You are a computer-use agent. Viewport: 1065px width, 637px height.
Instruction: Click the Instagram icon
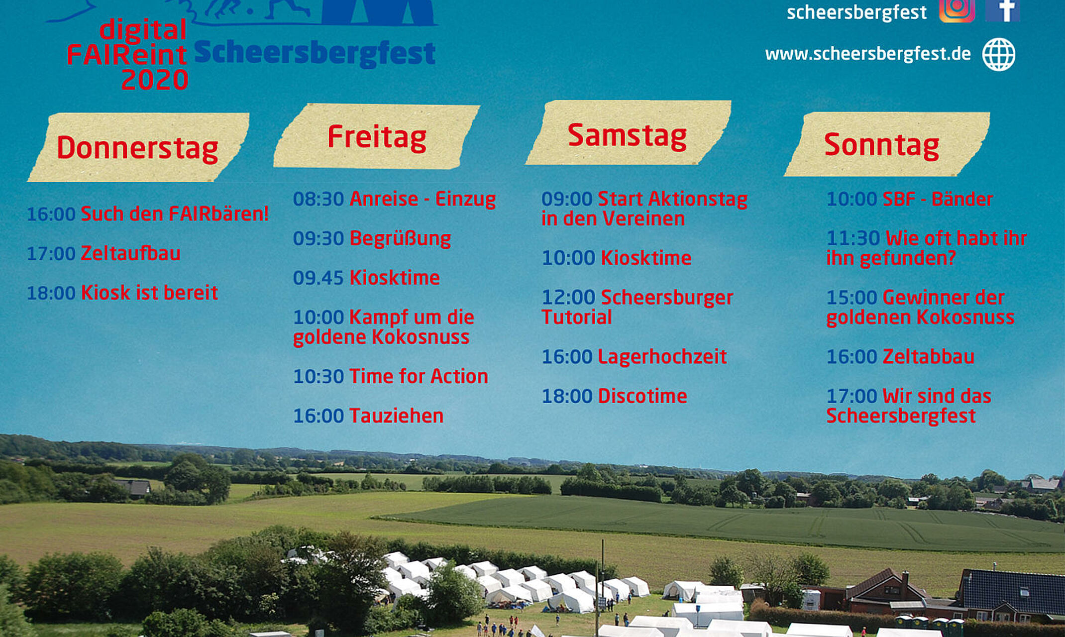click(957, 10)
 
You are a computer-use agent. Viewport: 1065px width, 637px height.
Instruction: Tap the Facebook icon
click(1002, 10)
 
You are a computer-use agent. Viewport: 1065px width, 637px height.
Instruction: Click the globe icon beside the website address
click(998, 54)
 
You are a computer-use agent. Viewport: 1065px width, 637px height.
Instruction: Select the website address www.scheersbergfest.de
click(867, 54)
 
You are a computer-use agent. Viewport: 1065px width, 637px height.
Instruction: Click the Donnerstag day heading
click(137, 148)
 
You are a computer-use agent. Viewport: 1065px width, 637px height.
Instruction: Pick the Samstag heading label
click(627, 135)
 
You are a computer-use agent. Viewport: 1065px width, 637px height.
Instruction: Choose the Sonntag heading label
click(881, 145)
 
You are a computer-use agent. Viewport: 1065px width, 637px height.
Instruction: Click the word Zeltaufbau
click(130, 253)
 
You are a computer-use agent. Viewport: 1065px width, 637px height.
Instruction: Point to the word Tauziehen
click(396, 416)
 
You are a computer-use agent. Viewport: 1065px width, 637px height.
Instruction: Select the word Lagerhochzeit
click(662, 357)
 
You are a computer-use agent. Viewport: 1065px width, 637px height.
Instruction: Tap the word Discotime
click(642, 396)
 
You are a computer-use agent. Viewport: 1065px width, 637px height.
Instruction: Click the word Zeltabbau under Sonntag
click(928, 357)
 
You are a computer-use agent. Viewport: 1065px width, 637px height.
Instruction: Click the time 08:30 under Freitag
click(318, 199)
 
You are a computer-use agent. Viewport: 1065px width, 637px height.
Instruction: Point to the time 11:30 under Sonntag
click(852, 238)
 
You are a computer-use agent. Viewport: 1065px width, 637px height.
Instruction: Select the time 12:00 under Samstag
click(568, 298)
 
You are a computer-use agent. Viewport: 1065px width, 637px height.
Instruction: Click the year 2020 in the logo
click(154, 80)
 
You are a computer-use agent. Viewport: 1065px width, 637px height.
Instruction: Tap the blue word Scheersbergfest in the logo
click(315, 54)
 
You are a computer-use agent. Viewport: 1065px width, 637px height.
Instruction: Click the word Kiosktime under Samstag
click(646, 258)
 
